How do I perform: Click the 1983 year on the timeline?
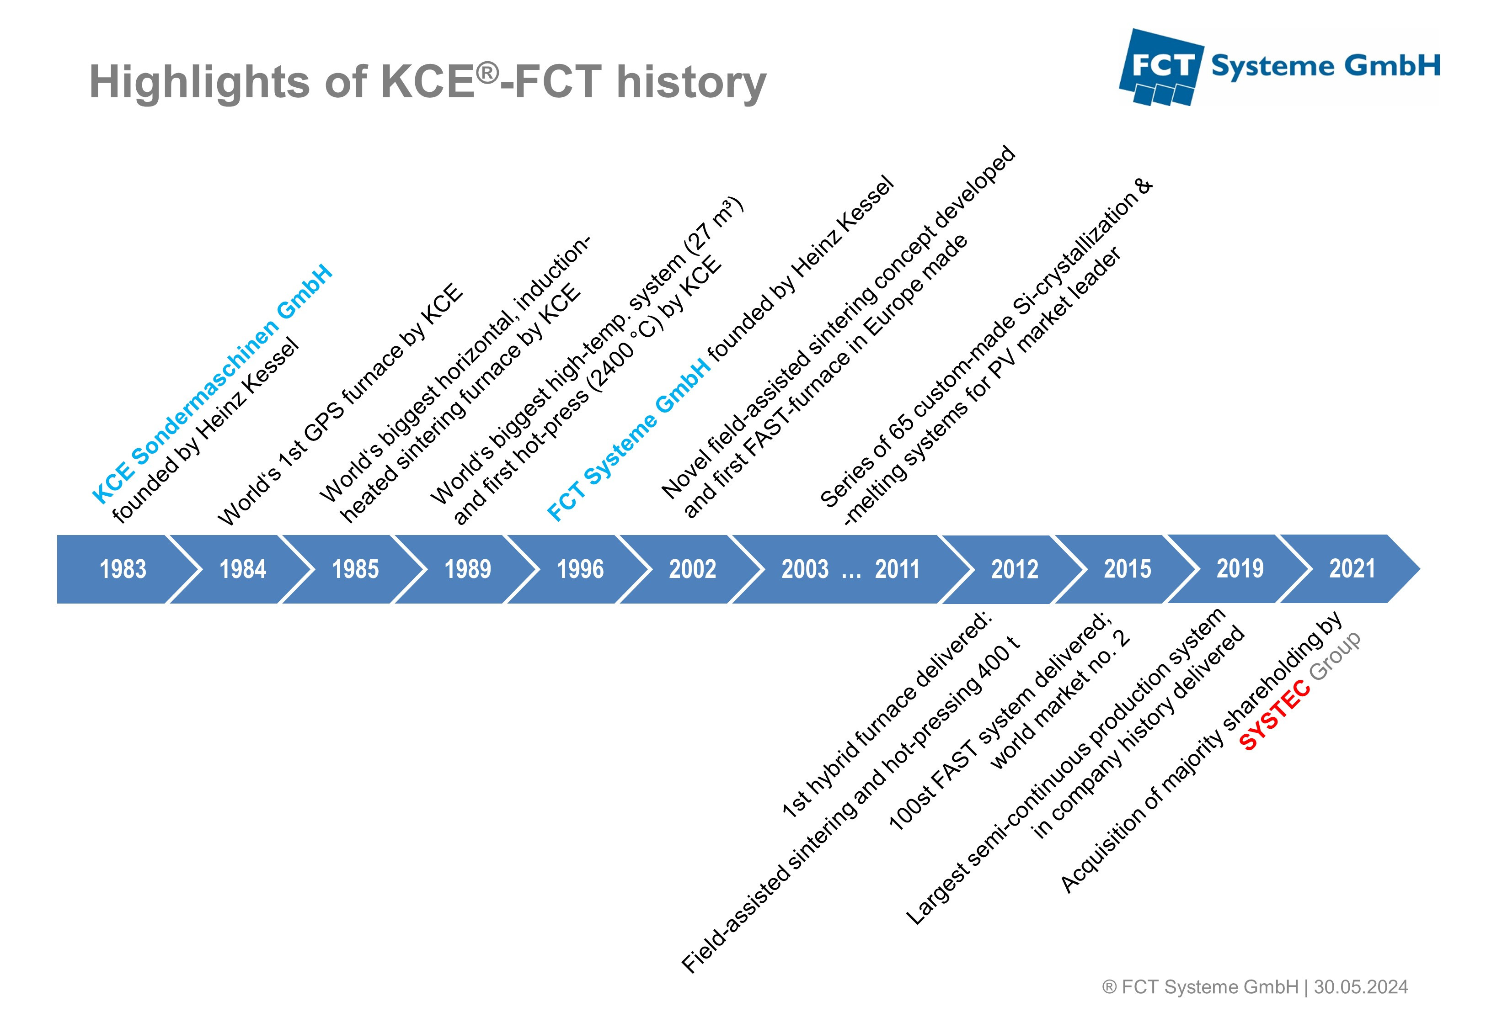point(123,569)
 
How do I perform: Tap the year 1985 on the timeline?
point(355,569)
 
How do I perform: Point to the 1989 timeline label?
point(468,569)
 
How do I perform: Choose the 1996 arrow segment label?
point(580,569)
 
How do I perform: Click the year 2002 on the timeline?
point(693,569)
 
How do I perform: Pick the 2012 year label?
point(1014,569)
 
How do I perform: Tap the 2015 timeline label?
point(1127,569)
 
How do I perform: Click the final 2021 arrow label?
point(1352,569)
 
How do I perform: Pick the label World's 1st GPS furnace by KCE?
point(340,404)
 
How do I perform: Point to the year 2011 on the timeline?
point(897,569)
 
